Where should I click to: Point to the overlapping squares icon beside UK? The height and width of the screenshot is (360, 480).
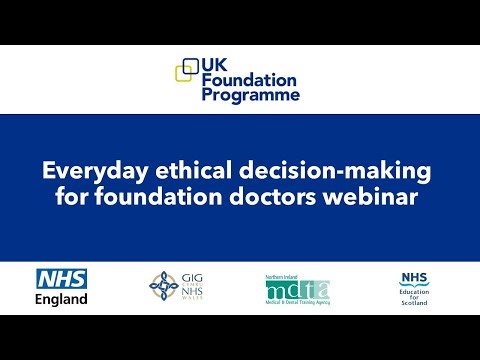pos(187,70)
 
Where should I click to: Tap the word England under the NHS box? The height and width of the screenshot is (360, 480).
pos(62,299)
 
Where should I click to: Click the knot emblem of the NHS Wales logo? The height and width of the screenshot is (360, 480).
pos(163,286)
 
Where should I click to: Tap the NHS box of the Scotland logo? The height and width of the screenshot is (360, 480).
pos(413,277)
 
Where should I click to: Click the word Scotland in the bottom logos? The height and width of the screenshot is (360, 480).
pos(413,304)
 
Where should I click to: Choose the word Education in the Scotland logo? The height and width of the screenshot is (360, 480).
pos(413,291)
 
